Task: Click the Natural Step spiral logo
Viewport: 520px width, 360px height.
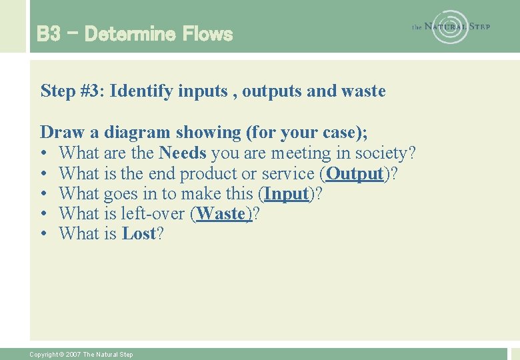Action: [x=451, y=27]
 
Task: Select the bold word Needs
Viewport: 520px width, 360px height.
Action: [x=183, y=153]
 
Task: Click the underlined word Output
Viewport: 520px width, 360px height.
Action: [x=355, y=173]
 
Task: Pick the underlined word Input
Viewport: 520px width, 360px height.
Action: [x=287, y=194]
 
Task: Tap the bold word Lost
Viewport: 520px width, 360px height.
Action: [x=139, y=234]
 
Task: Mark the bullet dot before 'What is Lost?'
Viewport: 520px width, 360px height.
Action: [x=44, y=235]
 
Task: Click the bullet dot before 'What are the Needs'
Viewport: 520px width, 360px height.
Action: [x=44, y=154]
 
